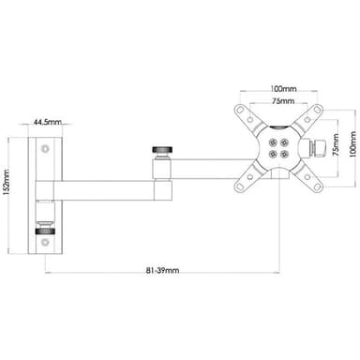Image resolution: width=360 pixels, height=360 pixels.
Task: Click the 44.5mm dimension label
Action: (48, 122)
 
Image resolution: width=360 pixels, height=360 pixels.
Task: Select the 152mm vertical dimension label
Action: (6, 185)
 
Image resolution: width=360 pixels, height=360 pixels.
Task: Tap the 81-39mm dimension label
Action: (162, 271)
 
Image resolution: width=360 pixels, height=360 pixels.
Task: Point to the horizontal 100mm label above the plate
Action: (283, 89)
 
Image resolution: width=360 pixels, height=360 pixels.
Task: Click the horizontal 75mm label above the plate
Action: (283, 101)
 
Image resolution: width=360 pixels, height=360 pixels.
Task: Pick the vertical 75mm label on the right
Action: (336, 144)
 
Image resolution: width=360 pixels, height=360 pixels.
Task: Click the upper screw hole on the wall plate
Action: (46, 148)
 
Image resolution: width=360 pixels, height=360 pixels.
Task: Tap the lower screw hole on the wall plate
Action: (46, 242)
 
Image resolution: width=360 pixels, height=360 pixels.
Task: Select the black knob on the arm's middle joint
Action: (163, 149)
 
